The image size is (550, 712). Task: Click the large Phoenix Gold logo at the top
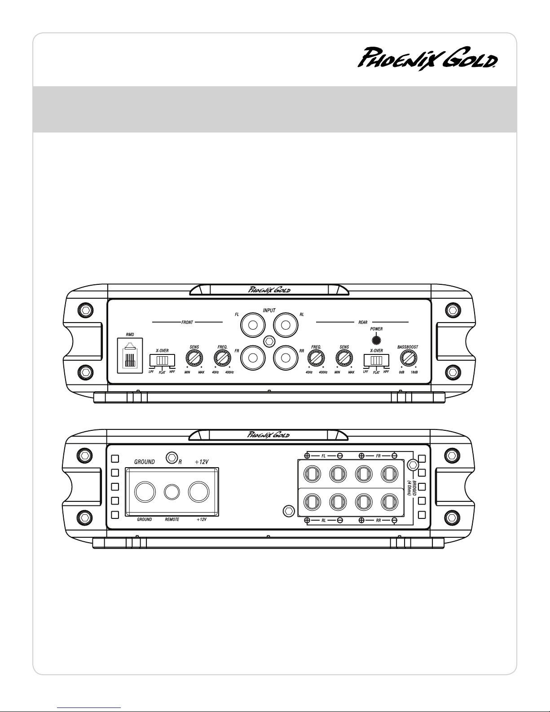click(427, 59)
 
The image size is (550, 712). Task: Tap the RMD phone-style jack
click(130, 355)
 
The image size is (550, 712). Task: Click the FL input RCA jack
click(253, 325)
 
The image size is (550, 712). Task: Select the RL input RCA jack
click(286, 325)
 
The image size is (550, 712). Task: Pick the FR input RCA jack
click(253, 358)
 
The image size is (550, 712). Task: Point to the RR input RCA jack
click(286, 358)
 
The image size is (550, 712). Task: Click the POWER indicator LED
click(377, 340)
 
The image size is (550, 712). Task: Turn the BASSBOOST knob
click(408, 358)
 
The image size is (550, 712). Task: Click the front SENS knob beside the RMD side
click(194, 358)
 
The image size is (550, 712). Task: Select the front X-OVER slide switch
click(162, 360)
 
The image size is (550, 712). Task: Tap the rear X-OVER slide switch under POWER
click(377, 360)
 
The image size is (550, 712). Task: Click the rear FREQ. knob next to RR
click(316, 358)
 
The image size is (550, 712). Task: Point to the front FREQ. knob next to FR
click(222, 358)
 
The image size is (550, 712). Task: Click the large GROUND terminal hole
click(145, 492)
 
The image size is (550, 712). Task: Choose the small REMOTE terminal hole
click(172, 492)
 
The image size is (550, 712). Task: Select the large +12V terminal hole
click(199, 492)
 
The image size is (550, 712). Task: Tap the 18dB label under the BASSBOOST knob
click(414, 372)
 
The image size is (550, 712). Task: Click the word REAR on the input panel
click(363, 323)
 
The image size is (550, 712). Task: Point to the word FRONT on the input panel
click(187, 323)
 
